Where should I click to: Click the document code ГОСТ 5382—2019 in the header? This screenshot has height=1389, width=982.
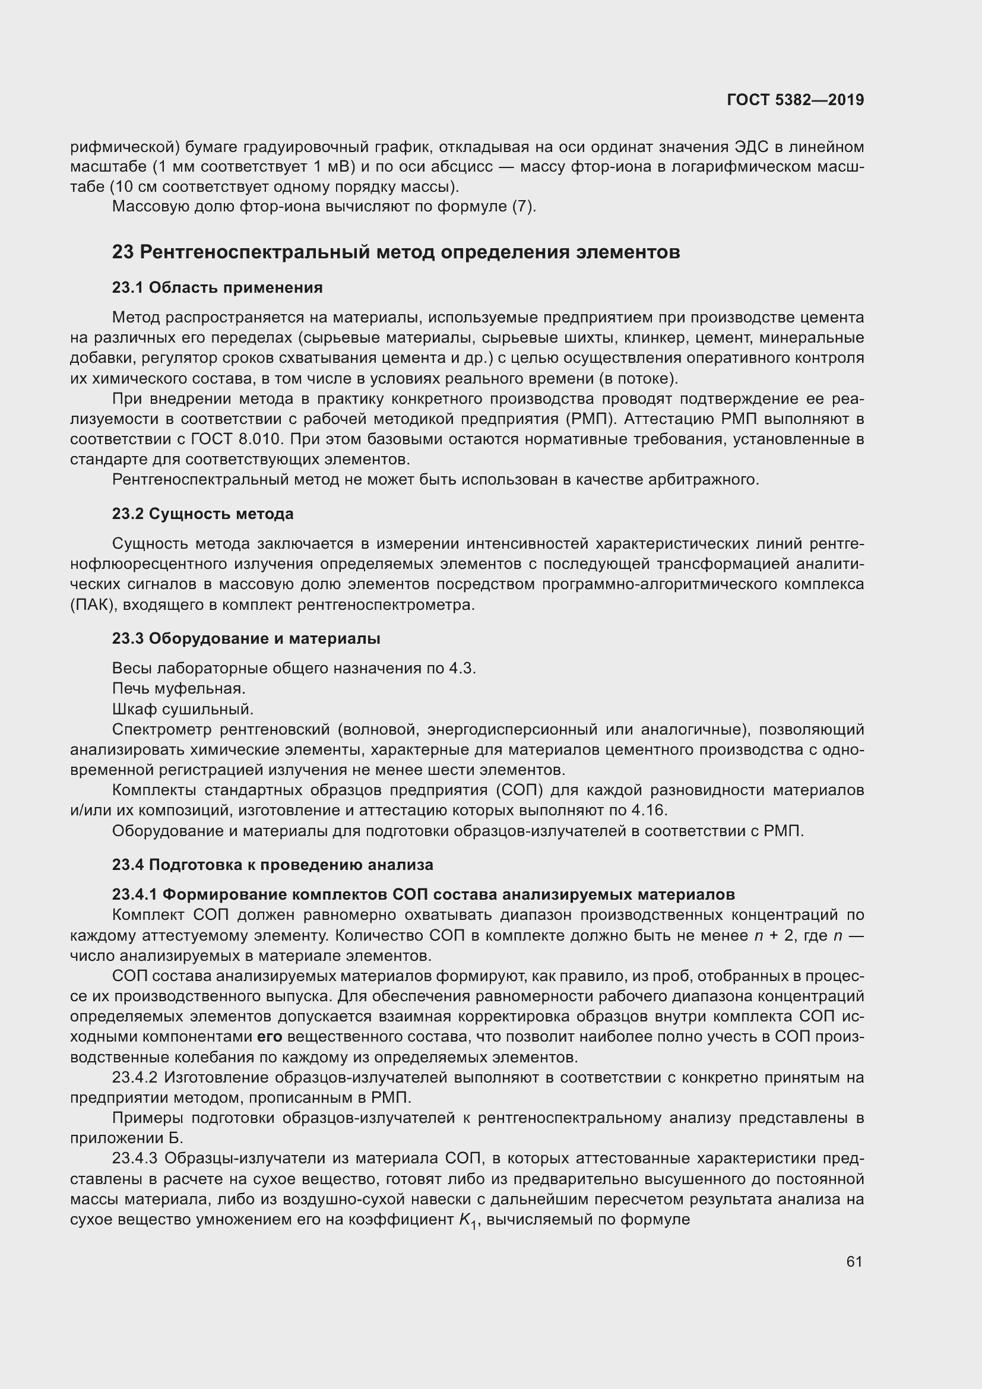[x=795, y=100]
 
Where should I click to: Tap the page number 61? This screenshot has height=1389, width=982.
[x=854, y=1261]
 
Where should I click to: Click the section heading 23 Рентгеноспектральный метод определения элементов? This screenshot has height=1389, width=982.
[x=396, y=252]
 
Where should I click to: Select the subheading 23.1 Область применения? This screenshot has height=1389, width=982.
[x=217, y=287]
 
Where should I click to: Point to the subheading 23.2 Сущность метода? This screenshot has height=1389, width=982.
[x=202, y=514]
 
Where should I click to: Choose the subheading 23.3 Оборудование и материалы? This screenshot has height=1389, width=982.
[x=246, y=638]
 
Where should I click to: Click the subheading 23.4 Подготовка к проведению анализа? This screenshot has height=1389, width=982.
[x=272, y=865]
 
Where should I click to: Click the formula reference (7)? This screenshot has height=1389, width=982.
[x=523, y=207]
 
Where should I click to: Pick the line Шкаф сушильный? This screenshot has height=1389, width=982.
[x=183, y=709]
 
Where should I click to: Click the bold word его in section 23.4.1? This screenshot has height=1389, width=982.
[x=270, y=1037]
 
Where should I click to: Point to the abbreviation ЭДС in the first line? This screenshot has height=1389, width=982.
[x=751, y=147]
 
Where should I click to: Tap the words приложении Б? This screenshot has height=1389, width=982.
[x=126, y=1138]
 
